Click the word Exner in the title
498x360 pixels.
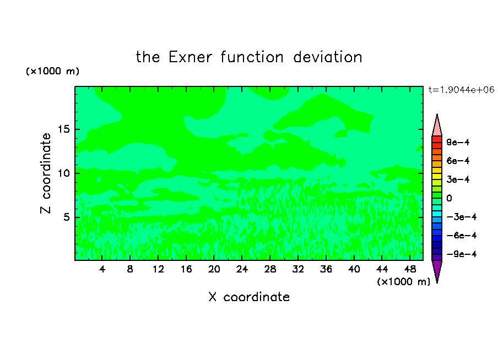click(190, 57)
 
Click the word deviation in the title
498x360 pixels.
click(327, 57)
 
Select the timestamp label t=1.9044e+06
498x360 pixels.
click(461, 90)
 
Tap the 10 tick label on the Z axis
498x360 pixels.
click(64, 173)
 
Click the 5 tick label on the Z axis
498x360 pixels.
click(66, 217)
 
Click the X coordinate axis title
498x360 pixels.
click(249, 297)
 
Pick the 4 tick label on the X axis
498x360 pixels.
click(102, 269)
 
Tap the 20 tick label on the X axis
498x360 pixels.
click(214, 269)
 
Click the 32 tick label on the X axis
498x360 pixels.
click(298, 269)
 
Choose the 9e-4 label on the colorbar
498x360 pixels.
click(458, 142)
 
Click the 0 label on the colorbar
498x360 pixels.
click(449, 198)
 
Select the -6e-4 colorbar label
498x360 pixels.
click(462, 236)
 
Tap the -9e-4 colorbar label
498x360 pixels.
click(462, 254)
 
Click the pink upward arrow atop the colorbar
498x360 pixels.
click(437, 126)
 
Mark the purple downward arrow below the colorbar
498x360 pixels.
click(437, 271)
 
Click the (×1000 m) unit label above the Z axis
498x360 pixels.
click(52, 71)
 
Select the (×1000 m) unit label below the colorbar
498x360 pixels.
click(403, 282)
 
